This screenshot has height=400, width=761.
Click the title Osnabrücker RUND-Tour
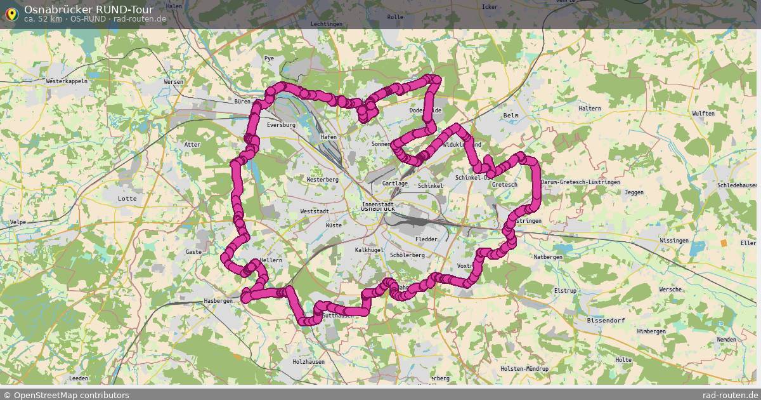point(88,10)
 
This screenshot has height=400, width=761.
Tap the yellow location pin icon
point(11,13)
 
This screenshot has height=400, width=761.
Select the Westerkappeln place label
point(67,82)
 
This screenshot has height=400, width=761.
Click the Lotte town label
point(127,199)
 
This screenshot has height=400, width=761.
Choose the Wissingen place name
point(673,241)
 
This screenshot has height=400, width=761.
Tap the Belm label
point(511,116)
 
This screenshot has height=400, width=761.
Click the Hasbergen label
point(218,301)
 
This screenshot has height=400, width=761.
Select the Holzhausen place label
point(308,361)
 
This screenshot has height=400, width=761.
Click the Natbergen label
point(548,257)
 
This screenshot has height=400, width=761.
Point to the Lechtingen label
point(327,24)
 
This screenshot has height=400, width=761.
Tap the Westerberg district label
point(322,180)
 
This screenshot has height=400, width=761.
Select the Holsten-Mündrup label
point(524,369)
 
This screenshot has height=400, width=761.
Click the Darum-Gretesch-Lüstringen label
point(580,182)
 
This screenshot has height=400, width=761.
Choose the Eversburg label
point(282,125)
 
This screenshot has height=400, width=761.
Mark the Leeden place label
point(79,378)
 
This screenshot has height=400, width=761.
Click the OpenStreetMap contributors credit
point(66,395)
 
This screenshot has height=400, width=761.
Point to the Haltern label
point(589,109)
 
